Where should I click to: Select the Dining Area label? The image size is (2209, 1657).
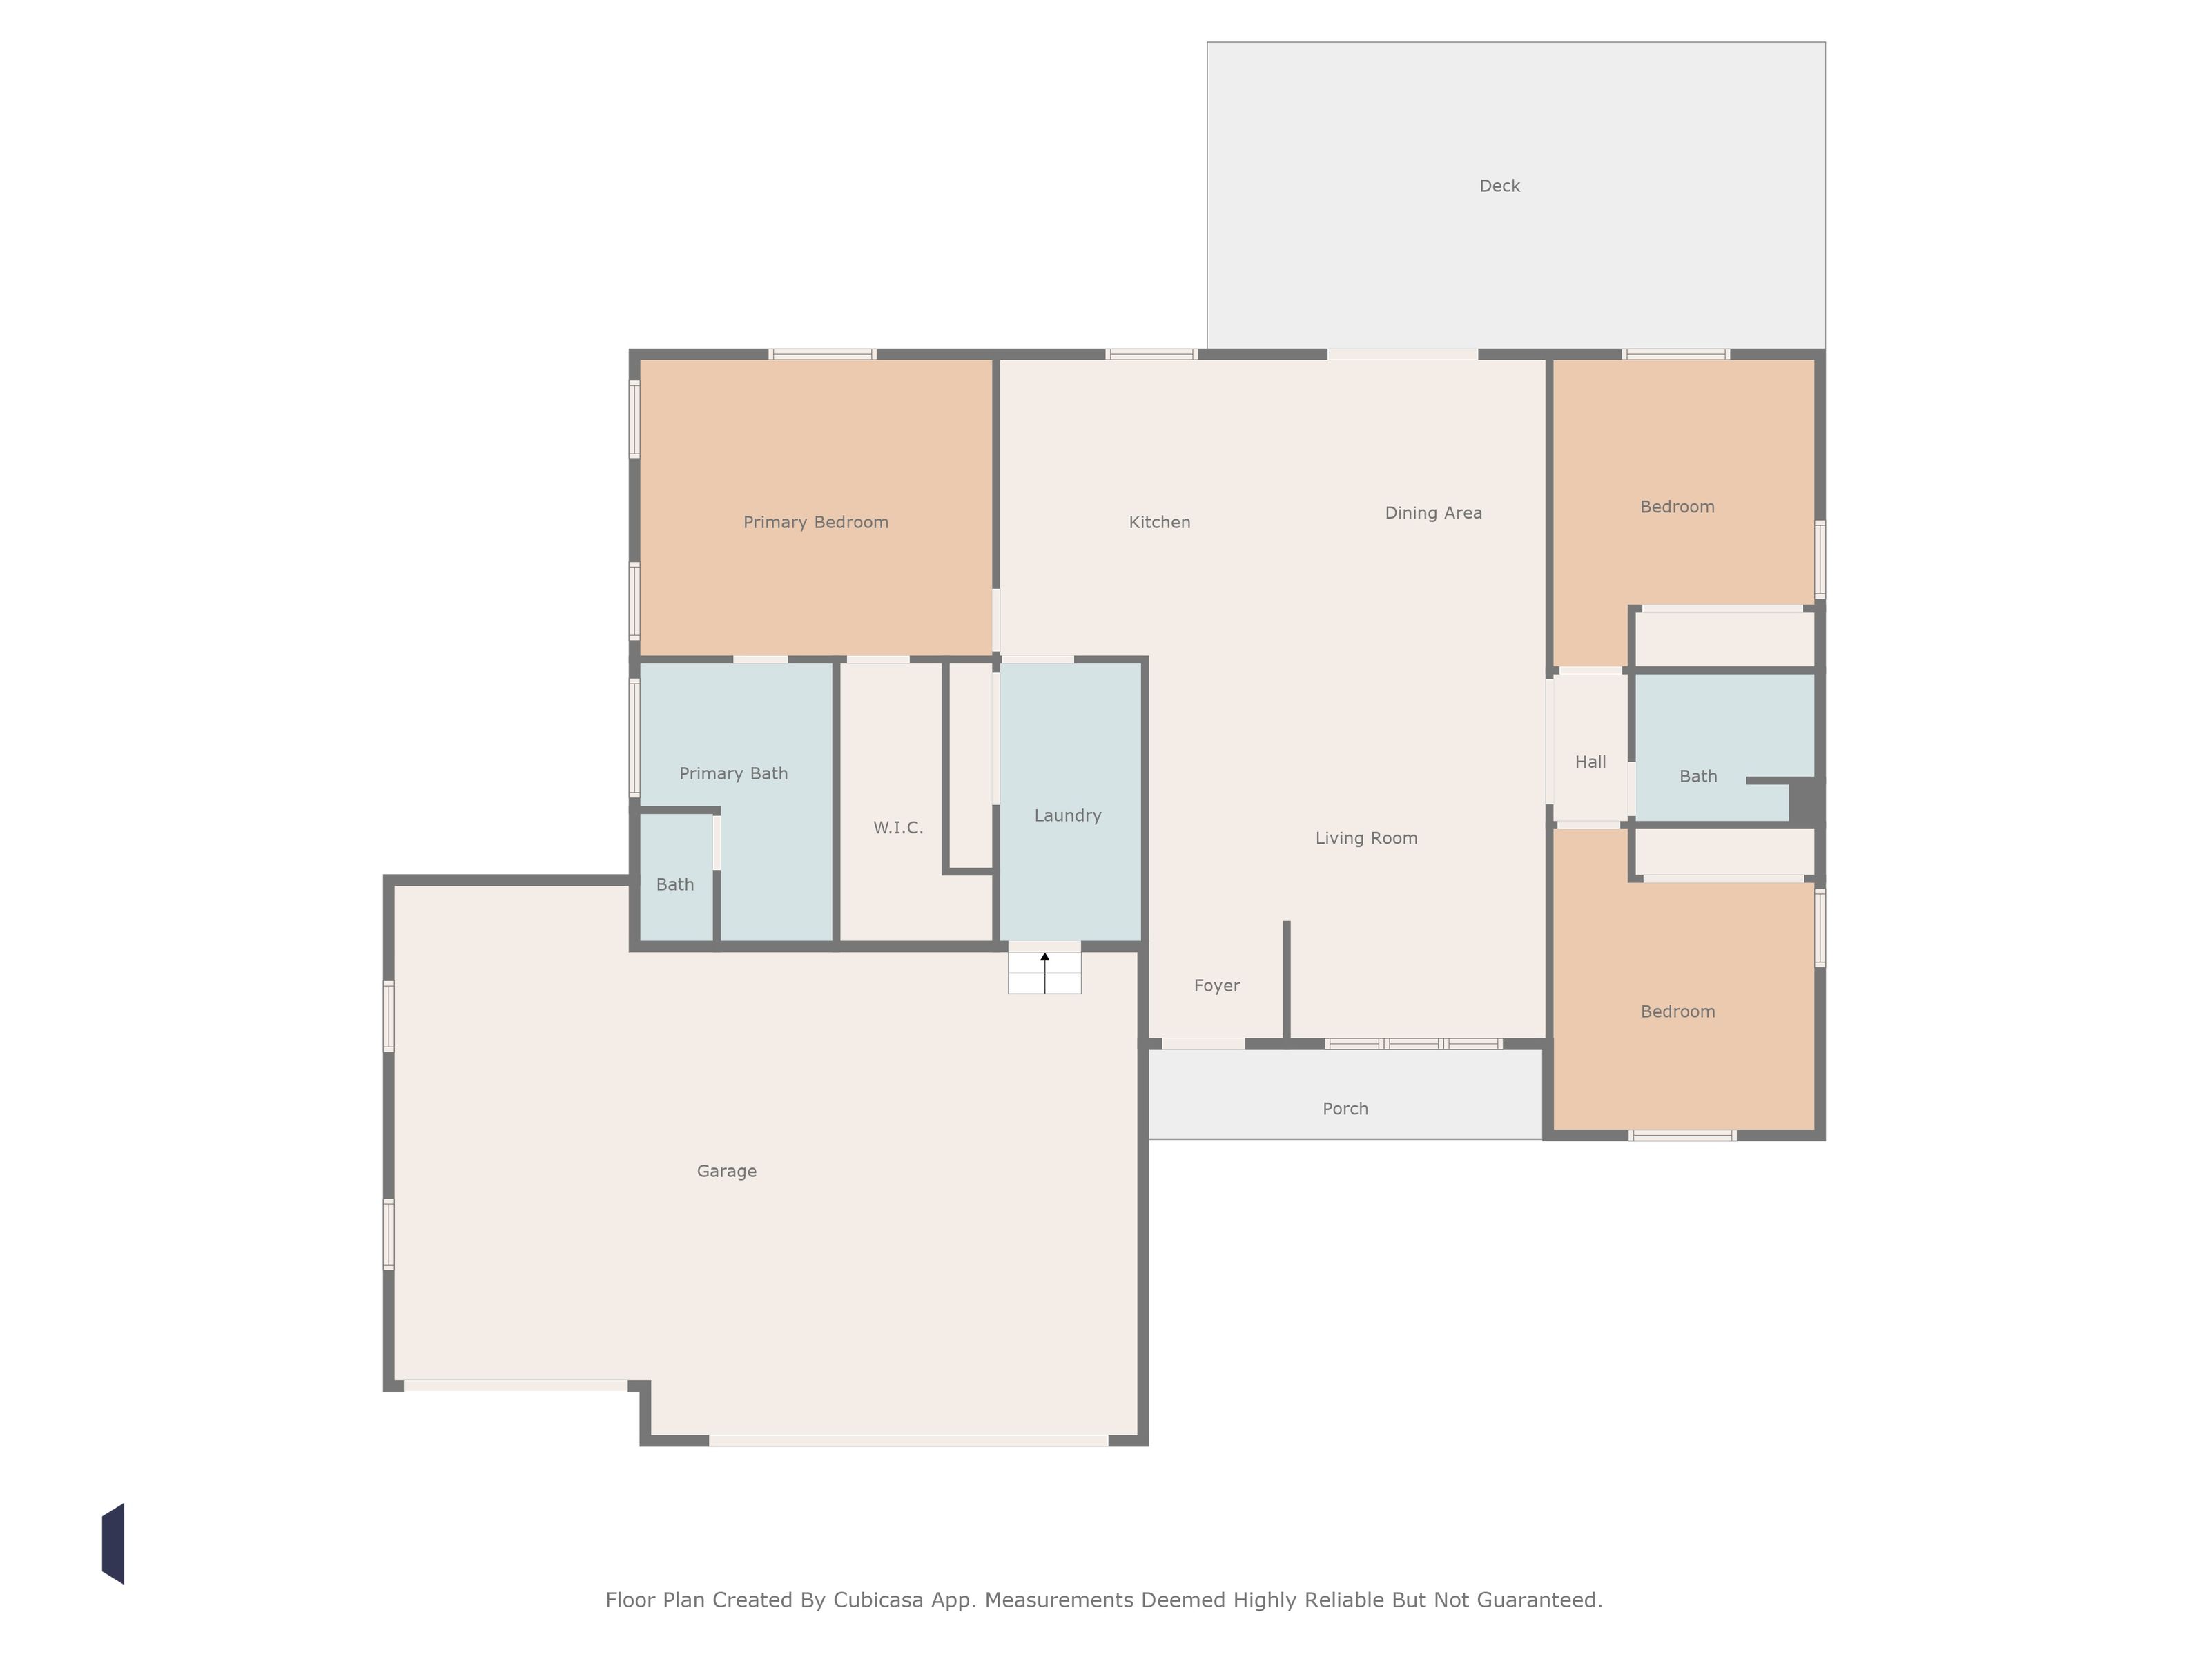pos(1433,514)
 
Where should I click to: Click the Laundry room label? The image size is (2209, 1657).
pos(1067,816)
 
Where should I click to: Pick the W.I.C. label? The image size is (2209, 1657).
pos(898,827)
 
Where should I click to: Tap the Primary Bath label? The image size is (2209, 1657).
pos(733,774)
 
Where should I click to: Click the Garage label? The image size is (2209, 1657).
pos(726,1172)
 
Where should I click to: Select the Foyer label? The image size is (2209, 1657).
pos(1216,986)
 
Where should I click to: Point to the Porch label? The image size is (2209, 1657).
pos(1345,1109)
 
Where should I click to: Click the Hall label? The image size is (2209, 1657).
pos(1590,762)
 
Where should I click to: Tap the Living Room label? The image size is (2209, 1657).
pos(1366,838)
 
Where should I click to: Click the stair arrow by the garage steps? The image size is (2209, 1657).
pos(1044,973)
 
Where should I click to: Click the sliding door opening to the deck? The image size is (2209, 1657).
pos(1402,355)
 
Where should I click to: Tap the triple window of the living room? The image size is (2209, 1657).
pos(1413,1044)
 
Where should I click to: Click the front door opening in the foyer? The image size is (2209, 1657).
pos(1203,1044)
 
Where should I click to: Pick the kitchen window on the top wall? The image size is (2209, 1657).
pos(1151,355)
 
